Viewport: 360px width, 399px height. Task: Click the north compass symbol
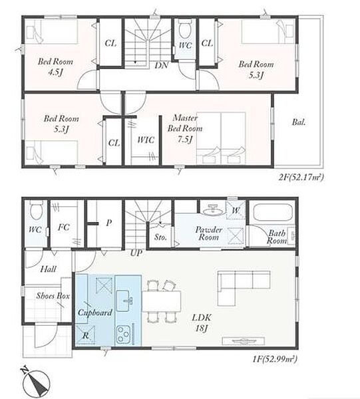[x=36, y=380]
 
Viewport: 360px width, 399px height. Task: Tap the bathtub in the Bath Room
[x=273, y=212]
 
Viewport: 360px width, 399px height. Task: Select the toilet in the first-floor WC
[x=36, y=210]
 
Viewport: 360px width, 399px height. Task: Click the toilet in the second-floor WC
[x=184, y=29]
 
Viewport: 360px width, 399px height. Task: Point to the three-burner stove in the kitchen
[x=124, y=334]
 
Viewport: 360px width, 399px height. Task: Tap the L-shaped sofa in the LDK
[x=244, y=288]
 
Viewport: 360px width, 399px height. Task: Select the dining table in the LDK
[x=161, y=301]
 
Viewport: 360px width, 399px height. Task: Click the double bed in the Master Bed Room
[x=221, y=138]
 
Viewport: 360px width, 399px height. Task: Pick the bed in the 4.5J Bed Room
[x=52, y=32]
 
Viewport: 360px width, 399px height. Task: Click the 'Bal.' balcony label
[x=299, y=122]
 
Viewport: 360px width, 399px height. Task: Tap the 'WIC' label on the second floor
[x=146, y=140]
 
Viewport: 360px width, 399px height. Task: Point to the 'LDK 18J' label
[x=202, y=323]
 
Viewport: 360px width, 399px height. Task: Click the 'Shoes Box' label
[x=53, y=296]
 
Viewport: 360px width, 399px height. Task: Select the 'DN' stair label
[x=162, y=65]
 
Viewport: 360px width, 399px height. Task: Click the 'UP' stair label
[x=136, y=253]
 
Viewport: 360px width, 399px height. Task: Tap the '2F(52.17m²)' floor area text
[x=301, y=177]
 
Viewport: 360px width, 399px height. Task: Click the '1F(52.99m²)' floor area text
[x=275, y=359]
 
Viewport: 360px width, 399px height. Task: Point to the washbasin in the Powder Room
[x=214, y=210]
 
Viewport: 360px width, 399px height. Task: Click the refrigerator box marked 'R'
[x=85, y=335]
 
